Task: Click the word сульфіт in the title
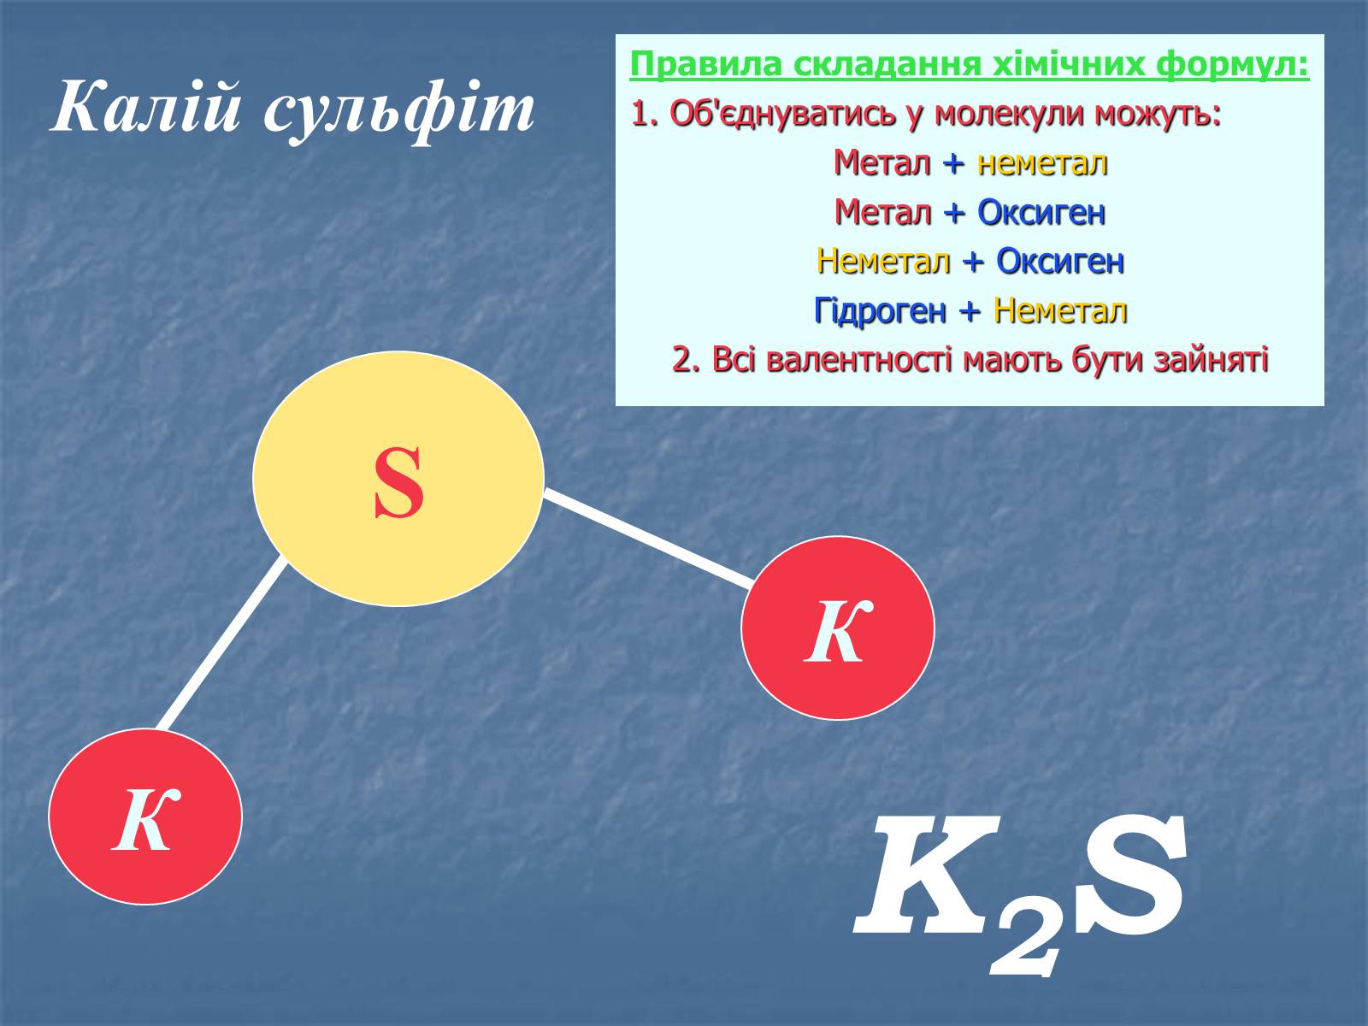coord(399,112)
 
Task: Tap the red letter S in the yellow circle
coord(399,483)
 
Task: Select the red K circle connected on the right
coord(838,628)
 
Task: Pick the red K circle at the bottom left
coord(145,816)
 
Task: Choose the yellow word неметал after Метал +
coord(1042,163)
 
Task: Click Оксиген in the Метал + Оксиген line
coord(1041,213)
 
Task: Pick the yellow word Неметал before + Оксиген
coord(883,262)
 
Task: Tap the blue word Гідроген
coord(880,311)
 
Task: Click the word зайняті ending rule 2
coord(1211,360)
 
